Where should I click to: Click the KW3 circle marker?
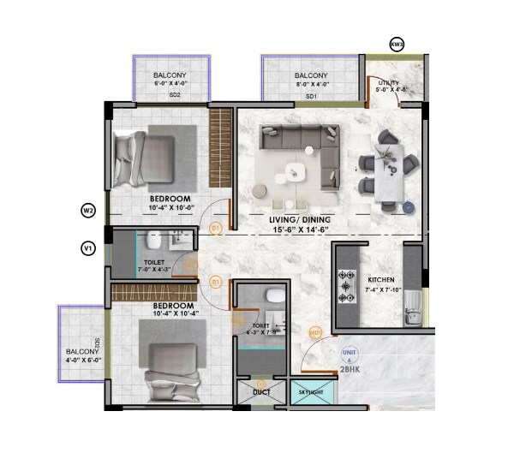pos(396,44)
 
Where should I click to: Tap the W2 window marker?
pos(87,210)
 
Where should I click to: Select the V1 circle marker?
pos(87,248)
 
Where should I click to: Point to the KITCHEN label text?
pos(380,280)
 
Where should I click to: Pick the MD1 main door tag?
pos(315,333)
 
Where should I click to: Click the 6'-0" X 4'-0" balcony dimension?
pos(170,85)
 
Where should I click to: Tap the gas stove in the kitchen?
pos(348,287)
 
